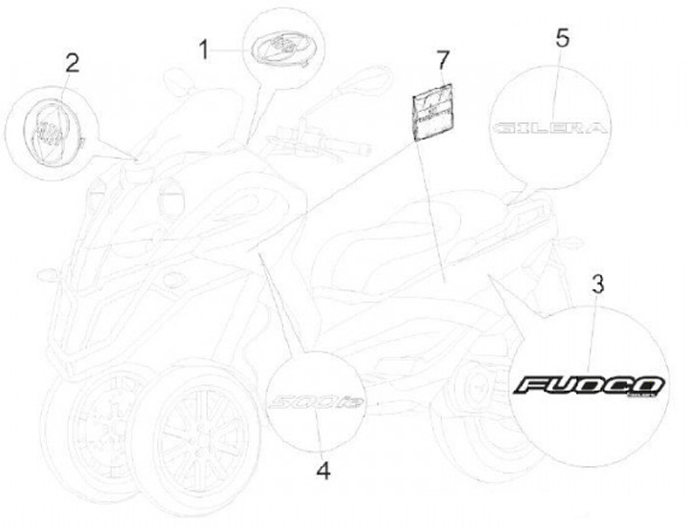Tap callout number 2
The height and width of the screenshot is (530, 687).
click(x=72, y=65)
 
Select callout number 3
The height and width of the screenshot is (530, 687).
click(x=596, y=284)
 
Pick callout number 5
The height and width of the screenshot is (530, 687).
click(x=562, y=38)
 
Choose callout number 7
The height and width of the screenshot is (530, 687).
click(x=442, y=61)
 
